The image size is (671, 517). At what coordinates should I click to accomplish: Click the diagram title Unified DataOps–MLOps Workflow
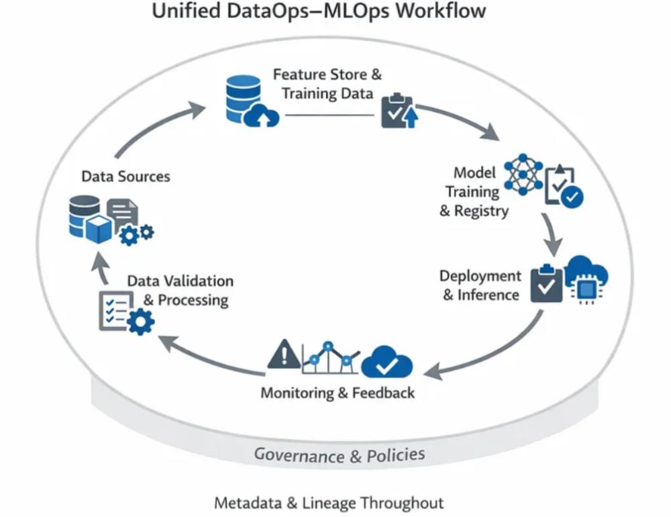point(319,12)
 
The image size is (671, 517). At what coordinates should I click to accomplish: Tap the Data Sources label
point(125,177)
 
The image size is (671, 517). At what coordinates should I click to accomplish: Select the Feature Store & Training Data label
point(327,84)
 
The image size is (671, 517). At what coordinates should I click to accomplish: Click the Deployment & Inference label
point(481,285)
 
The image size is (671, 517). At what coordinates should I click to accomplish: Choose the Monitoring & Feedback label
point(338,392)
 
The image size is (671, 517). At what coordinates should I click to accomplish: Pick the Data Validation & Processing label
point(180,290)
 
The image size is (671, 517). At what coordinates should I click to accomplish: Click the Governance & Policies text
point(339,455)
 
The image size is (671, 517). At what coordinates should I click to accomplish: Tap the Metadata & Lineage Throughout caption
point(329,502)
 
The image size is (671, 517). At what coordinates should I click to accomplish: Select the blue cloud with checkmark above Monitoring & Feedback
point(386,363)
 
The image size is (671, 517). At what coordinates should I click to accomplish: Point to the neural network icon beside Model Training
point(523,173)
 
